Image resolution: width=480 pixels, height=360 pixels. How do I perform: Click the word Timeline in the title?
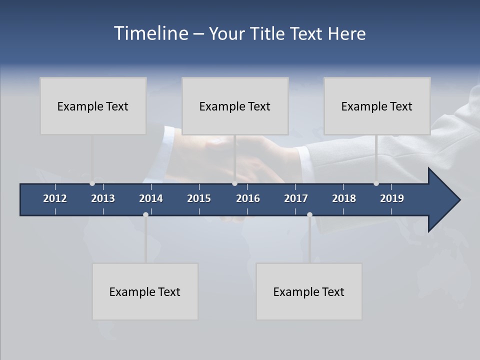[150, 33]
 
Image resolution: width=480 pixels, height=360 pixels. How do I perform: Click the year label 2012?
[55, 198]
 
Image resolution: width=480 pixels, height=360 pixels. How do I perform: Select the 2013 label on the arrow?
[103, 198]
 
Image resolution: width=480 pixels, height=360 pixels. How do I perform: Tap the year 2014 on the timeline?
[151, 198]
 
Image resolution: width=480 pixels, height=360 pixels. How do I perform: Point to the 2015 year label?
[199, 198]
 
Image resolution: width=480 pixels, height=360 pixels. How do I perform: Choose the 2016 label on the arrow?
[248, 198]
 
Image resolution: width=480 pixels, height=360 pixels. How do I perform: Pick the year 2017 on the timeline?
[296, 198]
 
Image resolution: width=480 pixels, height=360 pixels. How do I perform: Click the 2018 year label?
[344, 198]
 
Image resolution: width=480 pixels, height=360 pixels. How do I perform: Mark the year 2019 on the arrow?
[392, 198]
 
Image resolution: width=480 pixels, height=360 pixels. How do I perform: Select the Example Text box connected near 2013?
[93, 106]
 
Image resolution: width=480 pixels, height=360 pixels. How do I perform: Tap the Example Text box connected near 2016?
[235, 106]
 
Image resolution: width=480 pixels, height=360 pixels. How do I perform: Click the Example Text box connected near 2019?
[377, 106]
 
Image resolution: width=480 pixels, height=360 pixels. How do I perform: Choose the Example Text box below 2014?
[145, 291]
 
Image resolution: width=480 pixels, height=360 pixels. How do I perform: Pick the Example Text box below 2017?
[309, 291]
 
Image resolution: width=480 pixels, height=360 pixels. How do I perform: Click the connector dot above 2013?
[92, 183]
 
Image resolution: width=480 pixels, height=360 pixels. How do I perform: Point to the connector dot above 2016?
[234, 183]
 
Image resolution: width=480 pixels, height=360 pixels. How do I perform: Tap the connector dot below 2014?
[145, 214]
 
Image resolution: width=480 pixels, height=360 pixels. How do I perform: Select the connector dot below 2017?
[309, 214]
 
